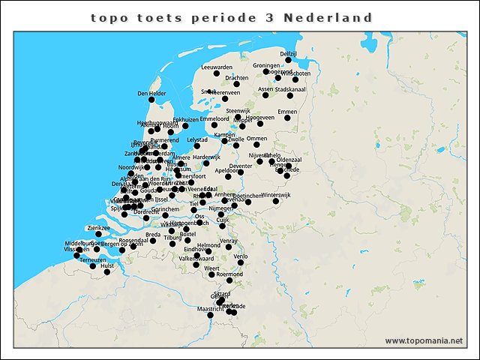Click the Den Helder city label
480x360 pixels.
point(151,94)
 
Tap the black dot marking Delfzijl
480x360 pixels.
point(289,61)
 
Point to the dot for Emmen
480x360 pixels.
point(287,119)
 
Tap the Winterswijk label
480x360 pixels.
point(277,194)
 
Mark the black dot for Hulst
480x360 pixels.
point(107,272)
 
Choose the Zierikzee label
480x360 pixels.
point(99,226)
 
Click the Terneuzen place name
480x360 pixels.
point(93,259)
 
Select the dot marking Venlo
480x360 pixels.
point(241,262)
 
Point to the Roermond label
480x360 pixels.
point(229,274)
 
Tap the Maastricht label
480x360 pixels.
point(210,308)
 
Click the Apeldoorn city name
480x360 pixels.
point(227,170)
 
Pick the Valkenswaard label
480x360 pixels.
point(196,258)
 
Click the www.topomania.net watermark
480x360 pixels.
point(424,340)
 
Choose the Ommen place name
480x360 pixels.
point(256,139)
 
